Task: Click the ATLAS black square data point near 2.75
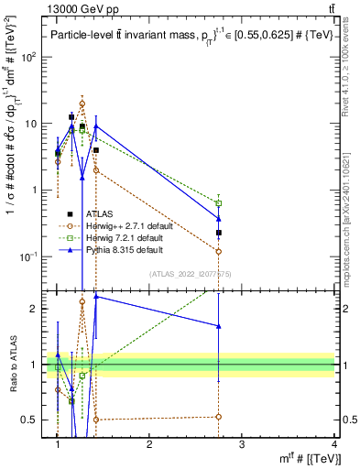tap(219, 233)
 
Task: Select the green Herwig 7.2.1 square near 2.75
tap(219, 203)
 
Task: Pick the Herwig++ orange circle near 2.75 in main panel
tap(219, 251)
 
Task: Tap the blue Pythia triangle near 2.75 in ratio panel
tap(219, 325)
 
